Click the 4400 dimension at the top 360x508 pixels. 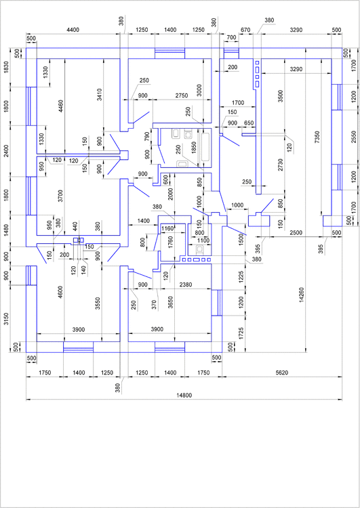click(x=73, y=30)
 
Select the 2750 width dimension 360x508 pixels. click(x=182, y=96)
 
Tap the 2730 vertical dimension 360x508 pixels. click(x=279, y=167)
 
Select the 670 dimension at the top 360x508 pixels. click(x=245, y=30)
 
